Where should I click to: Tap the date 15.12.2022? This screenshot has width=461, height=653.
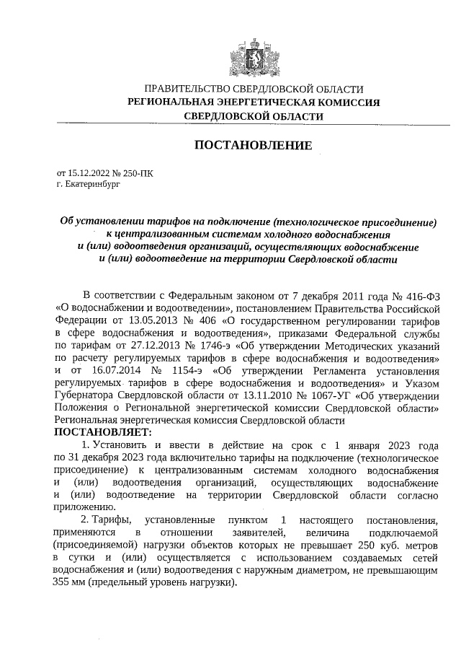(91, 173)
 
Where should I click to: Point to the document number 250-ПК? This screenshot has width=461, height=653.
(138, 173)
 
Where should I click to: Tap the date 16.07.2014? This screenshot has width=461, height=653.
(102, 370)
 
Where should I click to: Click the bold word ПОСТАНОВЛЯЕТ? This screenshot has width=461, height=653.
(104, 432)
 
